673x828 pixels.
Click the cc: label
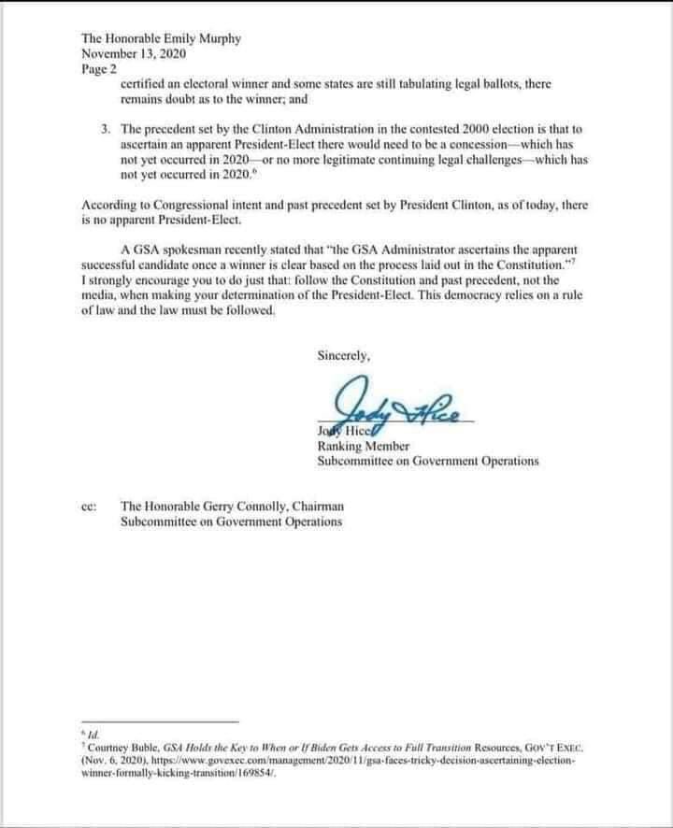pos(92,506)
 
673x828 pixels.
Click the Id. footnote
pos(92,735)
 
